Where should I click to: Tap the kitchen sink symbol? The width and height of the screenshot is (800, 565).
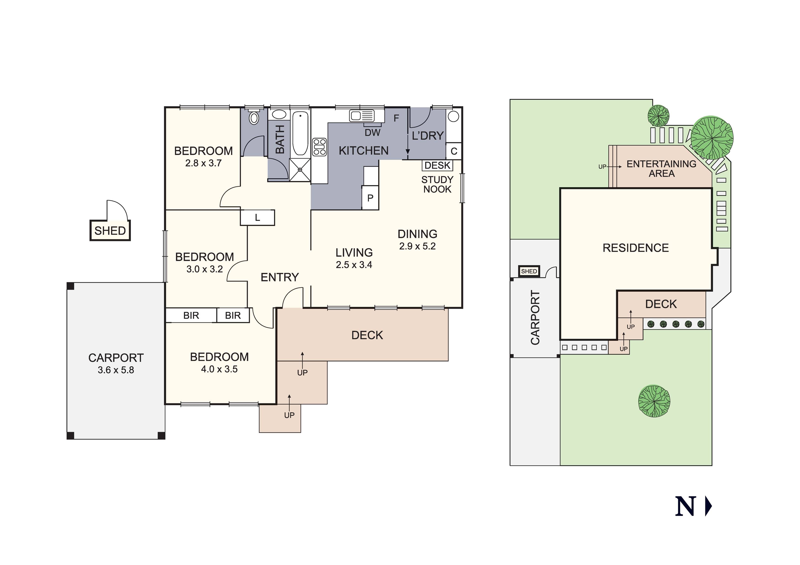pyautogui.click(x=362, y=116)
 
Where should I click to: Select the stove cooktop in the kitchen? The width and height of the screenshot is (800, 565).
pyautogui.click(x=320, y=147)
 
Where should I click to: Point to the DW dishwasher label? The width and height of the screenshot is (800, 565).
pyautogui.click(x=373, y=132)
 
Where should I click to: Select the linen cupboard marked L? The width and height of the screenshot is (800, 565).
pyautogui.click(x=258, y=218)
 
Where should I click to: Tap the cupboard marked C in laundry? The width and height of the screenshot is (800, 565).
pyautogui.click(x=454, y=151)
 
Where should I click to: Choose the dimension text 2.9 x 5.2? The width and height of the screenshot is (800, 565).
pyautogui.click(x=417, y=246)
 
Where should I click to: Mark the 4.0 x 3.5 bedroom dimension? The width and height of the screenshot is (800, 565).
pyautogui.click(x=219, y=369)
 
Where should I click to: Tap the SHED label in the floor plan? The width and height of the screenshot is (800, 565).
pyautogui.click(x=110, y=231)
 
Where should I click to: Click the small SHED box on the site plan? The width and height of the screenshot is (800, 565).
pyautogui.click(x=529, y=271)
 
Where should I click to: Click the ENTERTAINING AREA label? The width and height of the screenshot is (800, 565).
pyautogui.click(x=661, y=168)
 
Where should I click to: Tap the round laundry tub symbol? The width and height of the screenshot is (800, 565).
pyautogui.click(x=453, y=116)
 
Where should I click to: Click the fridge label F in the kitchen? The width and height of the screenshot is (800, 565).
pyautogui.click(x=396, y=118)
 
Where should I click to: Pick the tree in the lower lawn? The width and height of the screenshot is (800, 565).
pyautogui.click(x=654, y=401)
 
